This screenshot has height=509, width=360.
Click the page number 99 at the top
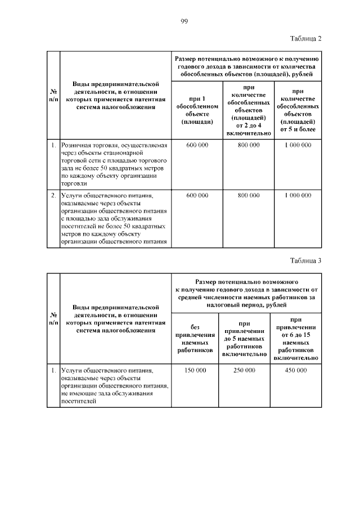[184, 21]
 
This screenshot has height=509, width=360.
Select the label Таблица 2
[305, 38]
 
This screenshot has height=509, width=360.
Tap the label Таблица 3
[305, 260]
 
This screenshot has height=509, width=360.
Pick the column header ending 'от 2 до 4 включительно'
[248, 110]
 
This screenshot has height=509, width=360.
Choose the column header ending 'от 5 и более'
[298, 110]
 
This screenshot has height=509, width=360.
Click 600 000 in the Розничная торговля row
[196, 145]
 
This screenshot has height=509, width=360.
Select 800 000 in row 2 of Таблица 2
[248, 195]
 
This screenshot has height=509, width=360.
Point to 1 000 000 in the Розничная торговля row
[298, 145]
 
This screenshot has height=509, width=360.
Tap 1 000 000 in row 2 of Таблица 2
[298, 195]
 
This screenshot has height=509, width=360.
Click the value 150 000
[196, 371]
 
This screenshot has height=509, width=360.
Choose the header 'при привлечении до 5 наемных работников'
[244, 339]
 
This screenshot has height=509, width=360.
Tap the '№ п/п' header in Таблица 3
[52, 319]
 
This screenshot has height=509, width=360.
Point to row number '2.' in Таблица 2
[52, 195]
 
